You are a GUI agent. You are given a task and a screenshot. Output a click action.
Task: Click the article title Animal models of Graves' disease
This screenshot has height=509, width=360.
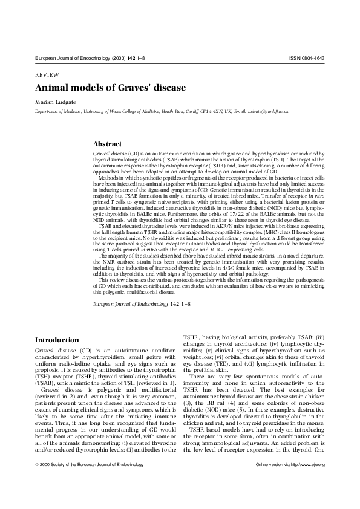click(110, 88)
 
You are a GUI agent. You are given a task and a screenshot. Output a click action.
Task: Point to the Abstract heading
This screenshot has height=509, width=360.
click(107, 144)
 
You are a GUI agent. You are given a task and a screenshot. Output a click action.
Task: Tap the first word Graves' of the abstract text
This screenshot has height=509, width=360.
click(100, 155)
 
